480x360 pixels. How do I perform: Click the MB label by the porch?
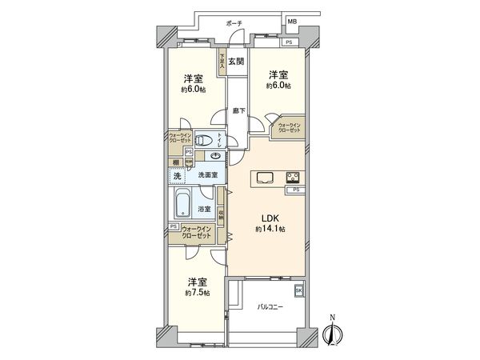(x=293, y=21)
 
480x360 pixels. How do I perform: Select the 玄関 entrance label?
(x=236, y=62)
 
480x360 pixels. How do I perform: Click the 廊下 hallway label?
(x=238, y=112)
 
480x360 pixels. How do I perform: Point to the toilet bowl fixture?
(x=205, y=138)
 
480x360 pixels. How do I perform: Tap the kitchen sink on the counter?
(x=266, y=177)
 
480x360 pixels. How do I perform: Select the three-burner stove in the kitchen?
(x=292, y=177)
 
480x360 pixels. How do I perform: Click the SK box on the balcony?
(x=299, y=290)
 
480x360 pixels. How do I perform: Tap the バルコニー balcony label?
(x=269, y=307)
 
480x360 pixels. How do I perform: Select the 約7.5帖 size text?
(x=195, y=294)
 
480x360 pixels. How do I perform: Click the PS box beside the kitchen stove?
(x=295, y=190)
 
